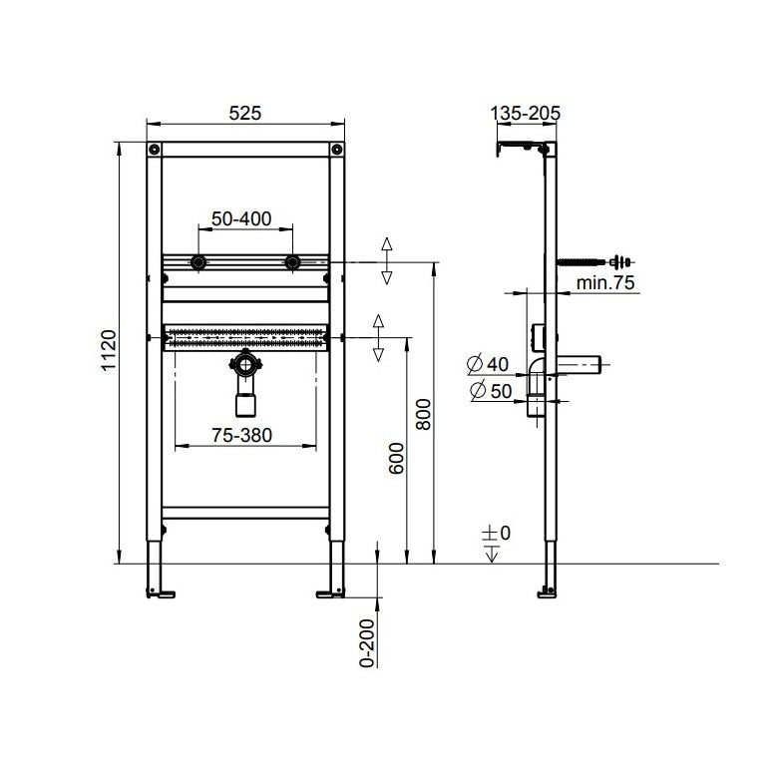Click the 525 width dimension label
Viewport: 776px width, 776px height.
click(x=244, y=113)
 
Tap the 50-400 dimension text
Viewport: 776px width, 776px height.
click(x=243, y=217)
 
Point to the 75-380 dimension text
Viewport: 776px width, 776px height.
click(x=241, y=434)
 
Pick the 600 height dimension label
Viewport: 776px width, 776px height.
click(x=395, y=457)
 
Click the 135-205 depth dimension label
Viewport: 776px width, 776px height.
click(x=526, y=113)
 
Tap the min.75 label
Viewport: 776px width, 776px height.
click(x=606, y=283)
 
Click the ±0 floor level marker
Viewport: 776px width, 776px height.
click(x=496, y=535)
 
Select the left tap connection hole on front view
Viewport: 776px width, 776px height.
click(x=198, y=263)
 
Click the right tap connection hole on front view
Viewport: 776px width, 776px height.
click(x=292, y=263)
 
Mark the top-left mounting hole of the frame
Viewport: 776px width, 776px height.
click(x=155, y=150)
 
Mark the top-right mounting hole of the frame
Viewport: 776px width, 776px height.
click(x=334, y=150)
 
